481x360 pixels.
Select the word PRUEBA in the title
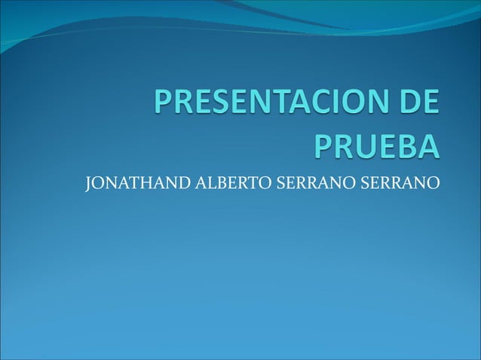(375, 145)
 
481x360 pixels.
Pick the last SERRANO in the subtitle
(399, 182)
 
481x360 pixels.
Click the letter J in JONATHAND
(89, 183)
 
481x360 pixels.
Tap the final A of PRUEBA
(427, 145)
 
